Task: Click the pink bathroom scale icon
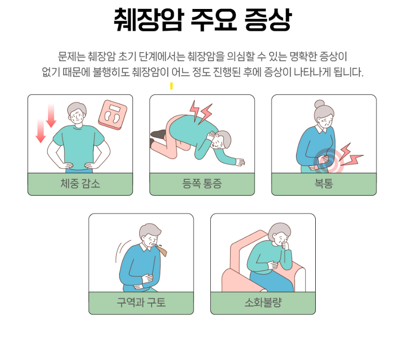click(112, 115)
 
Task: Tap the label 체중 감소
click(80, 184)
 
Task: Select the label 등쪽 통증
click(202, 184)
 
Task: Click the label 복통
click(324, 184)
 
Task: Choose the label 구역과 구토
click(141, 303)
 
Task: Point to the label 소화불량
click(263, 303)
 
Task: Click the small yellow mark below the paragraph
click(172, 86)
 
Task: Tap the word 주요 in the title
click(214, 19)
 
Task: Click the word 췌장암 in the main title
click(148, 19)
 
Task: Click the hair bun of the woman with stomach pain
click(319, 104)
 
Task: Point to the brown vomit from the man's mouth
click(162, 249)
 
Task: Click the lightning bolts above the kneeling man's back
click(201, 112)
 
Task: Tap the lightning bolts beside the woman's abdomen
click(351, 155)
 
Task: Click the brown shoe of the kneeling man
click(159, 134)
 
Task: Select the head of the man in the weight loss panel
click(77, 113)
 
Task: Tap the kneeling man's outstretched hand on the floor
click(239, 162)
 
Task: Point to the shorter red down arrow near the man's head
click(51, 116)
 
